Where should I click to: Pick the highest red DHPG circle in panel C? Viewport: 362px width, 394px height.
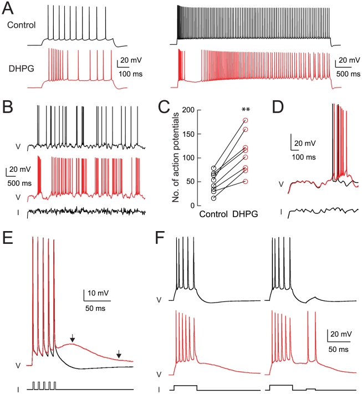245,120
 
